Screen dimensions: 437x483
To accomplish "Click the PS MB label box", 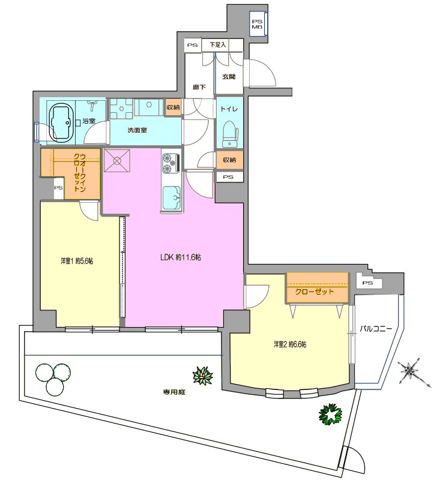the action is click(258, 25).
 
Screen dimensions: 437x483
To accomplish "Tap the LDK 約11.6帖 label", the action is click(181, 257).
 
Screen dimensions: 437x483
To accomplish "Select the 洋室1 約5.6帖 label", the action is click(77, 261).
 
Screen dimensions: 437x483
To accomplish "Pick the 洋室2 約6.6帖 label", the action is click(290, 344).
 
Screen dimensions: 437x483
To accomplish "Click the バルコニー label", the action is click(376, 329).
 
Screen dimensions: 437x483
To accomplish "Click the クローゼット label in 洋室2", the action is click(315, 292).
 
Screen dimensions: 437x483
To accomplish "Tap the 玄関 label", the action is click(229, 76).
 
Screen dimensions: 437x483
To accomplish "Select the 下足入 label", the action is click(218, 44).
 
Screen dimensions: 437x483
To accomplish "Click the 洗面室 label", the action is click(137, 130).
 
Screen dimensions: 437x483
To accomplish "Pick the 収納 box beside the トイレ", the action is click(229, 160).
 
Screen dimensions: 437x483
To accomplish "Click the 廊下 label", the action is click(199, 87).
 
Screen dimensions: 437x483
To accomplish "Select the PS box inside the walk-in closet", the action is click(58, 188).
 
